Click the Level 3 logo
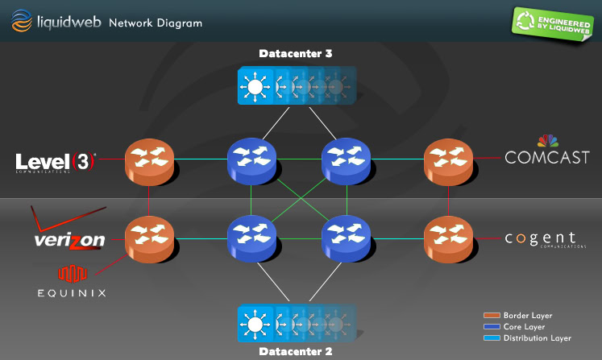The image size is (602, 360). click(56, 162)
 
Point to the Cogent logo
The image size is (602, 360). click(541, 239)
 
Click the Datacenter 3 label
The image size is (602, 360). click(296, 54)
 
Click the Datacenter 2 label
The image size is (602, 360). click(296, 351)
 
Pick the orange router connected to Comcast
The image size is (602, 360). click(448, 159)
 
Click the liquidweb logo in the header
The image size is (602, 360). click(56, 22)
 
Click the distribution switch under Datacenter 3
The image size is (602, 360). click(295, 86)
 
